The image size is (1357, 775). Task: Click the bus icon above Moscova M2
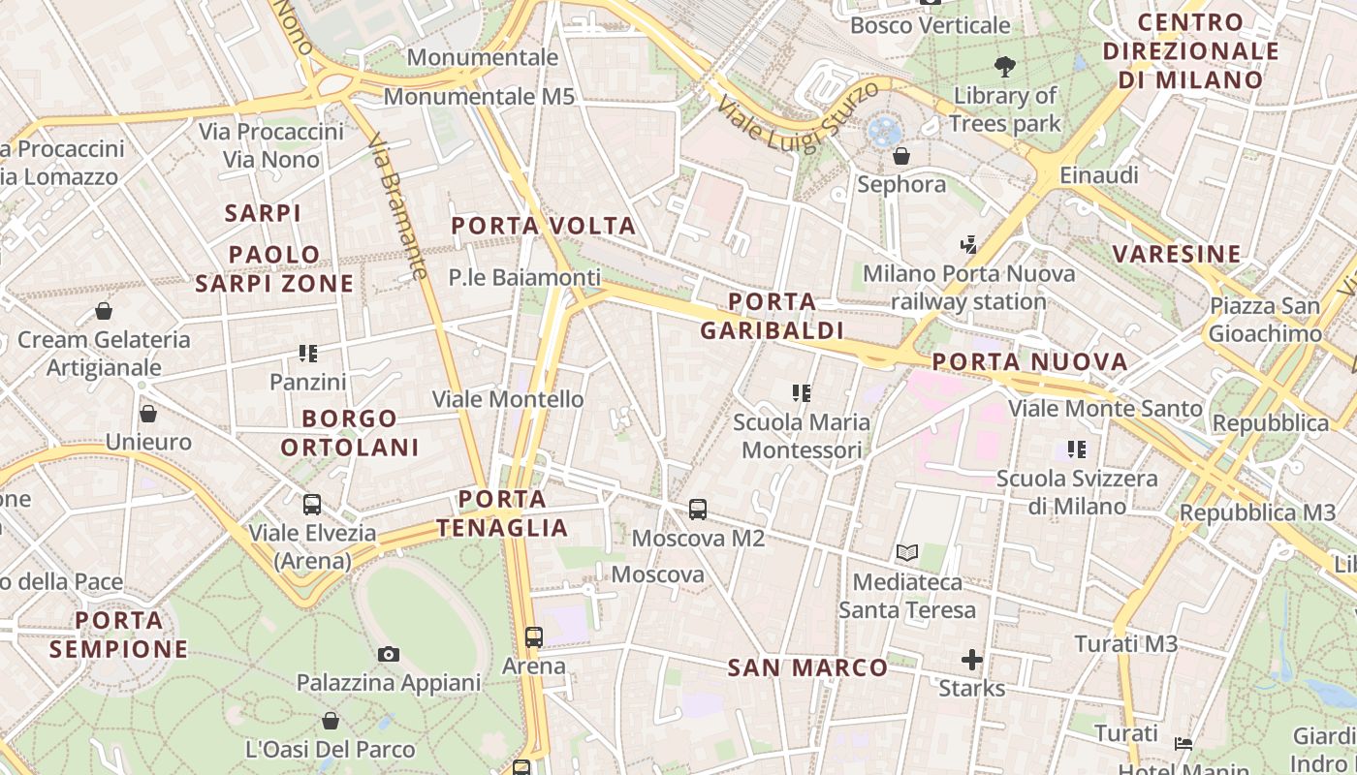point(697,509)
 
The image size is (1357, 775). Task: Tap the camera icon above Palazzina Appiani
point(389,654)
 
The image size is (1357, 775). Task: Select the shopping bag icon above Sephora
point(901,156)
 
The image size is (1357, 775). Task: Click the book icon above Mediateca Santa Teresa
point(907,553)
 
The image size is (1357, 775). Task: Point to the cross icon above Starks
point(972,661)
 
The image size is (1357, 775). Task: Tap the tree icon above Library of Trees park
point(1005,67)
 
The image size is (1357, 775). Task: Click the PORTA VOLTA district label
point(544,227)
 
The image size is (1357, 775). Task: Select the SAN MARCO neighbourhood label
point(807,667)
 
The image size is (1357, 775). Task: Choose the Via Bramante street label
point(398,205)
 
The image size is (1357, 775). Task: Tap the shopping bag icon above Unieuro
point(148,414)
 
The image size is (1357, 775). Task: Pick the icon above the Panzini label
point(308,354)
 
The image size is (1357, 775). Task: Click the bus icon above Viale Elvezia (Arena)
point(312,505)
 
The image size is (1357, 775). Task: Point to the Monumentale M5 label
point(479,97)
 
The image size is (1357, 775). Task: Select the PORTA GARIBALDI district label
point(772,316)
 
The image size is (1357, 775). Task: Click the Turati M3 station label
point(1125,644)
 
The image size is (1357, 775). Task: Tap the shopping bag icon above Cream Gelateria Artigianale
point(104,311)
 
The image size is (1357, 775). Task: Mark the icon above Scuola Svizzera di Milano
point(1077,449)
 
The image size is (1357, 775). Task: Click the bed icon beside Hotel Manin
point(1183,744)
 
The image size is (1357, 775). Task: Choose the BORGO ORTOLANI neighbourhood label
point(349,433)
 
